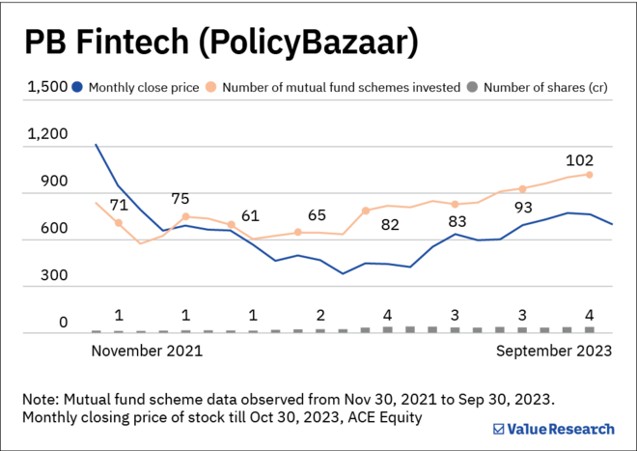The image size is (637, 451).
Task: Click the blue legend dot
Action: (x=77, y=87)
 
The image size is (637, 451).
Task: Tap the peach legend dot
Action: (x=210, y=87)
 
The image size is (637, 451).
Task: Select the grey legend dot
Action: (x=472, y=87)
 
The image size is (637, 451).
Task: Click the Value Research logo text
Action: (x=560, y=430)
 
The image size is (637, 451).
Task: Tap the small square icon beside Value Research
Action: (x=498, y=430)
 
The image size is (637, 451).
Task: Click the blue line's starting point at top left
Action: (x=96, y=145)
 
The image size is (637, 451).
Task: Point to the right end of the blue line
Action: (x=612, y=224)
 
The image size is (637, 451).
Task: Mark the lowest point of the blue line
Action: (x=343, y=274)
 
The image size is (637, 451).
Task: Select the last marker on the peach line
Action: (x=589, y=175)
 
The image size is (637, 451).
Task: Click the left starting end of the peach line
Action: (x=96, y=203)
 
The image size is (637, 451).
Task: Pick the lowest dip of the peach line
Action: (x=141, y=243)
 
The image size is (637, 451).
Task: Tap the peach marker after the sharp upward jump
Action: (x=366, y=210)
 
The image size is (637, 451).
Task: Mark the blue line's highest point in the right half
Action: (x=570, y=212)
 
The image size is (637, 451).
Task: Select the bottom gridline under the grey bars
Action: (x=318, y=333)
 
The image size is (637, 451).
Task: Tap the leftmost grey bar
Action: (x=96, y=330)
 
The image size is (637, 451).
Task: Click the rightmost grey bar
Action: (x=589, y=328)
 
